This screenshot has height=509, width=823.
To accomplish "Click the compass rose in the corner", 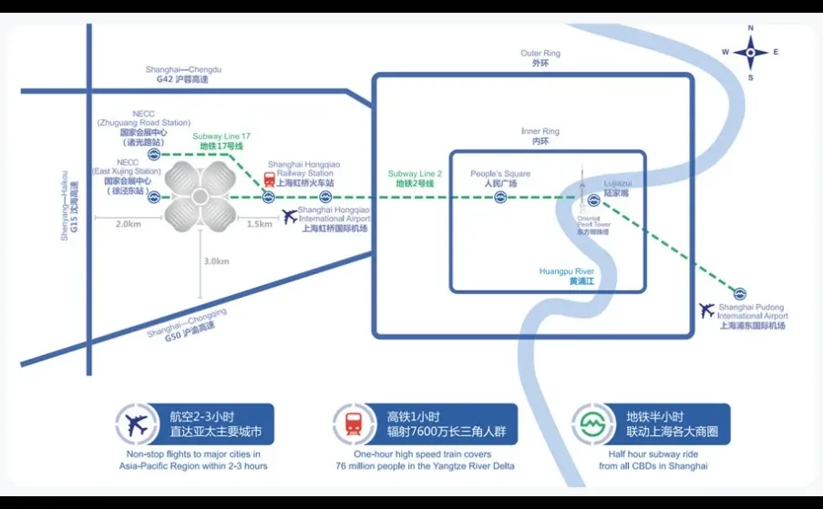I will click(750, 52).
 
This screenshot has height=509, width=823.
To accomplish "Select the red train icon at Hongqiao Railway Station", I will click(270, 179).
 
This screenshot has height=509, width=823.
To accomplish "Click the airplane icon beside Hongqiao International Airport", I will click(291, 216).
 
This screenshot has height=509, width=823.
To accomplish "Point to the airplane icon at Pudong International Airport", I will click(706, 310).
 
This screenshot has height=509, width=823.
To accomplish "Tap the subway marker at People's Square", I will click(500, 198).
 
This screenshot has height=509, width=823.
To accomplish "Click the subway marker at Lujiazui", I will click(593, 199).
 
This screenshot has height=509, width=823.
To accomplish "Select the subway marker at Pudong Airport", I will click(740, 293).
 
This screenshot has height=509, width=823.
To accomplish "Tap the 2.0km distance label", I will click(129, 224).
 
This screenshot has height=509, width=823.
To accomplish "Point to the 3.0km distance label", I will click(216, 261).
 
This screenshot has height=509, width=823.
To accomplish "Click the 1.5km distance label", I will click(259, 224).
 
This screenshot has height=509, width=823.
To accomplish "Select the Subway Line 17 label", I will click(221, 140).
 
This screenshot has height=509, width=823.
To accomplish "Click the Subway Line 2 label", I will click(415, 178).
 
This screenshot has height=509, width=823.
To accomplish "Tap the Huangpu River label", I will click(567, 276).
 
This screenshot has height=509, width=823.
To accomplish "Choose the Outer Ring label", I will click(540, 58).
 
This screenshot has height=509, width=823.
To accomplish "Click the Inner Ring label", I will click(540, 137).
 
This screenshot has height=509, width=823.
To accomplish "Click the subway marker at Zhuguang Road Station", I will click(155, 155).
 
